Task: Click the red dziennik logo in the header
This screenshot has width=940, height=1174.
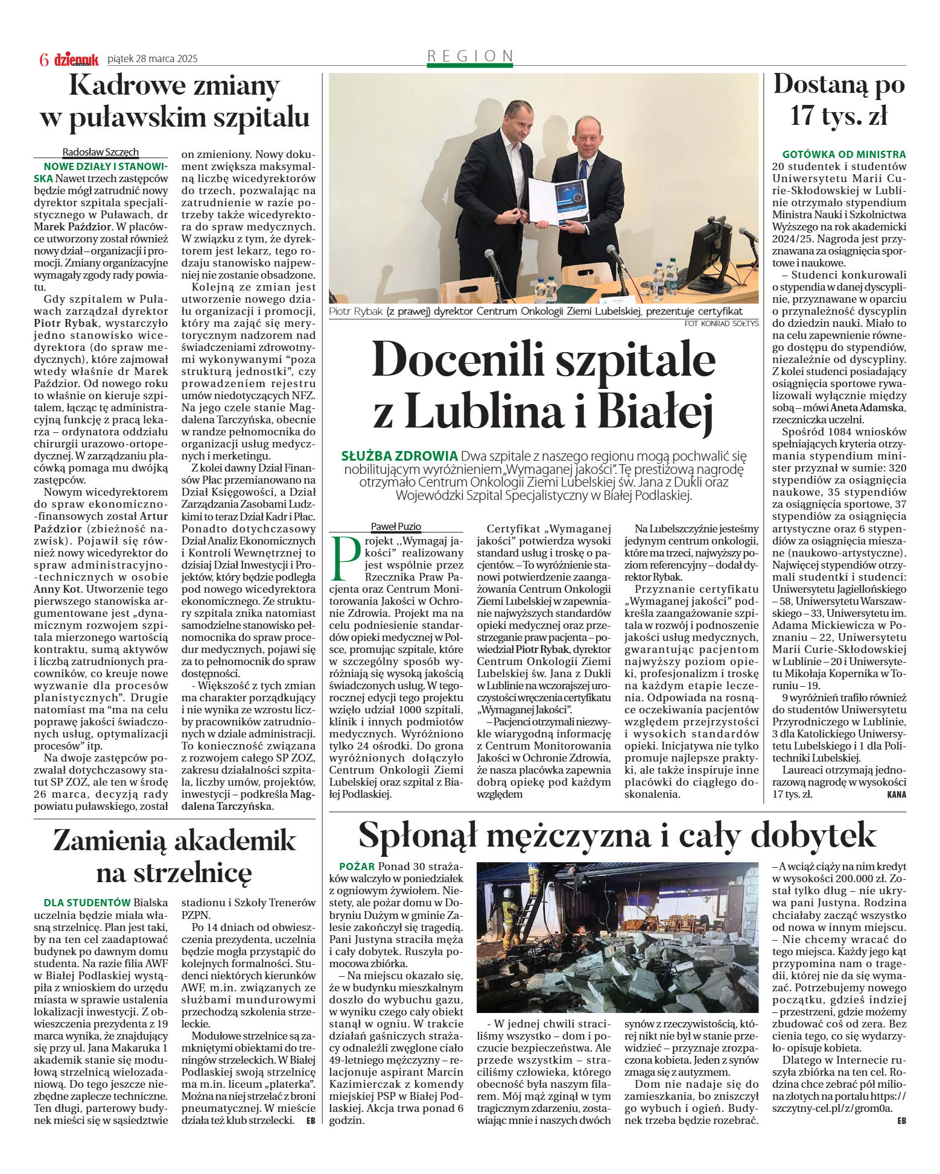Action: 76,59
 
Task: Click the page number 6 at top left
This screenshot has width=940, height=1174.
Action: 43,59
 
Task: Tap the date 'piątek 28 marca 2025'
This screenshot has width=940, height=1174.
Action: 152,59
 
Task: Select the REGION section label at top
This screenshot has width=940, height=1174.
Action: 470,56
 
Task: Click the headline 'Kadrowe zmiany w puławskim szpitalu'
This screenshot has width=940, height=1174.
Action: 174,101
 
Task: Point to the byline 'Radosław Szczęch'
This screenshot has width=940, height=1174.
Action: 100,152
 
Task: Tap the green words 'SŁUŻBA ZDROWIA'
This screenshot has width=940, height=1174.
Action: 399,455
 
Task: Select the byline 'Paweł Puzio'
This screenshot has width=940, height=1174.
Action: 396,526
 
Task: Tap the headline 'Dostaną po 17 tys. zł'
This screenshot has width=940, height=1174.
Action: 839,99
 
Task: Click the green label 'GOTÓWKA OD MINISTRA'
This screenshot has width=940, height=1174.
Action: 843,154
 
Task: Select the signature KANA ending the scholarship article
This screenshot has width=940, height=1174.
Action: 896,795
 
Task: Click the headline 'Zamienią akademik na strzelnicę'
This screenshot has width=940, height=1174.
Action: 174,856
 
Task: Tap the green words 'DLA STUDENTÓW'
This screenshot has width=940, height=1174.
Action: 87,903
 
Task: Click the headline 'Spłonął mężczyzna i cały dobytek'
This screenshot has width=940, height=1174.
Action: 617,835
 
